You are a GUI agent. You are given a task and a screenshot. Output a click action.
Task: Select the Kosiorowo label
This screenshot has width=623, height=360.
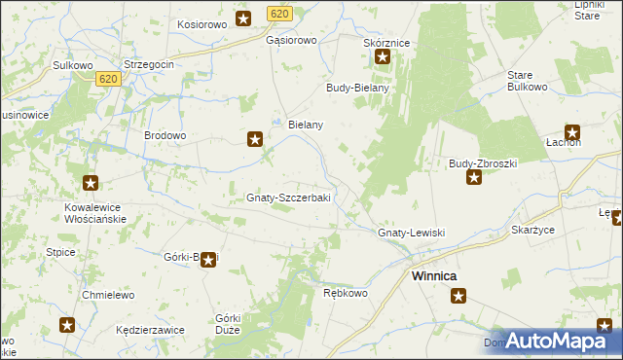202,23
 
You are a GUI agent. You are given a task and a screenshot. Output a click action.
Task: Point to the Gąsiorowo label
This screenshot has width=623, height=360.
292,41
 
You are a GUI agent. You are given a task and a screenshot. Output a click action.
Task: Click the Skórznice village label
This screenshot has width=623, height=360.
385,44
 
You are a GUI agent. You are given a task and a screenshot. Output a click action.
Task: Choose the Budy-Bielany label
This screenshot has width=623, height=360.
357,88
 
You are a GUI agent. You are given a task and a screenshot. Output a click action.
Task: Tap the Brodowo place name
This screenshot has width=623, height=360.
165,136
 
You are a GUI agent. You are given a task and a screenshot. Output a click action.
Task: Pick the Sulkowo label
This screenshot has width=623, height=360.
72,65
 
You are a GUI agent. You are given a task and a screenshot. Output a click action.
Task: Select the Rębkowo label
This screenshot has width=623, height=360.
344,293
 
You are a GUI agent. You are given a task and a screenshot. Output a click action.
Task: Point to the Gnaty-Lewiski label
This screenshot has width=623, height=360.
411,234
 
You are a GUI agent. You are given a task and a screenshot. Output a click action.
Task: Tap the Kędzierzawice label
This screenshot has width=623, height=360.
149,330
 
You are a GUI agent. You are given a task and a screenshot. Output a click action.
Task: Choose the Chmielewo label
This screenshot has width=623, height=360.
106,294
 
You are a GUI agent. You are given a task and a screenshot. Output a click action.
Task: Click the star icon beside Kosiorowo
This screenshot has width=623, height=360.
243,18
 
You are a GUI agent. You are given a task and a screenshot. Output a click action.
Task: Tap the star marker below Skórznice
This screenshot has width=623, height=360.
383,58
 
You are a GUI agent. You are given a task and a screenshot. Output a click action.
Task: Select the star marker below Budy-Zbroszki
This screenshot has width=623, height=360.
474,177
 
